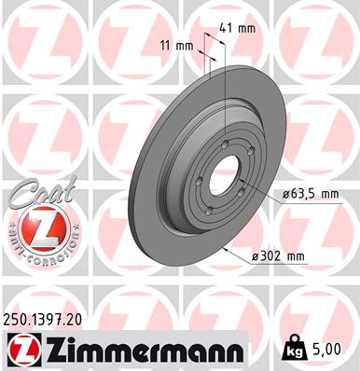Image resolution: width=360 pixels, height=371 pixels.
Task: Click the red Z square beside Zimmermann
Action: pyautogui.click(x=20, y=350)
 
